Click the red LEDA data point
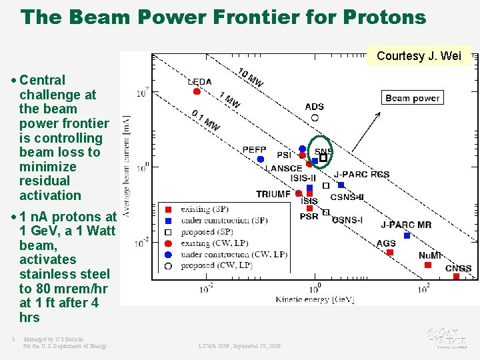point(197,91)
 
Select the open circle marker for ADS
point(315,118)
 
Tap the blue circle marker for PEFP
point(261,159)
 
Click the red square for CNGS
point(456,276)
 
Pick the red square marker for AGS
point(390,252)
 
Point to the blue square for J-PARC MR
point(407,235)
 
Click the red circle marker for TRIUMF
point(299,193)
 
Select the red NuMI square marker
point(428,265)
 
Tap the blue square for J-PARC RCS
point(341,185)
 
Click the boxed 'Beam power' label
point(412,98)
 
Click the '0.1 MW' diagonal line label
point(205,121)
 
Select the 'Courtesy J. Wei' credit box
point(419,56)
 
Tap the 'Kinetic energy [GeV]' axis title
point(315,299)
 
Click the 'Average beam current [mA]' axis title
point(126,166)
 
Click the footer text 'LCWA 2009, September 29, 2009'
point(239,346)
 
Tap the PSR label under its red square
point(309,217)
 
